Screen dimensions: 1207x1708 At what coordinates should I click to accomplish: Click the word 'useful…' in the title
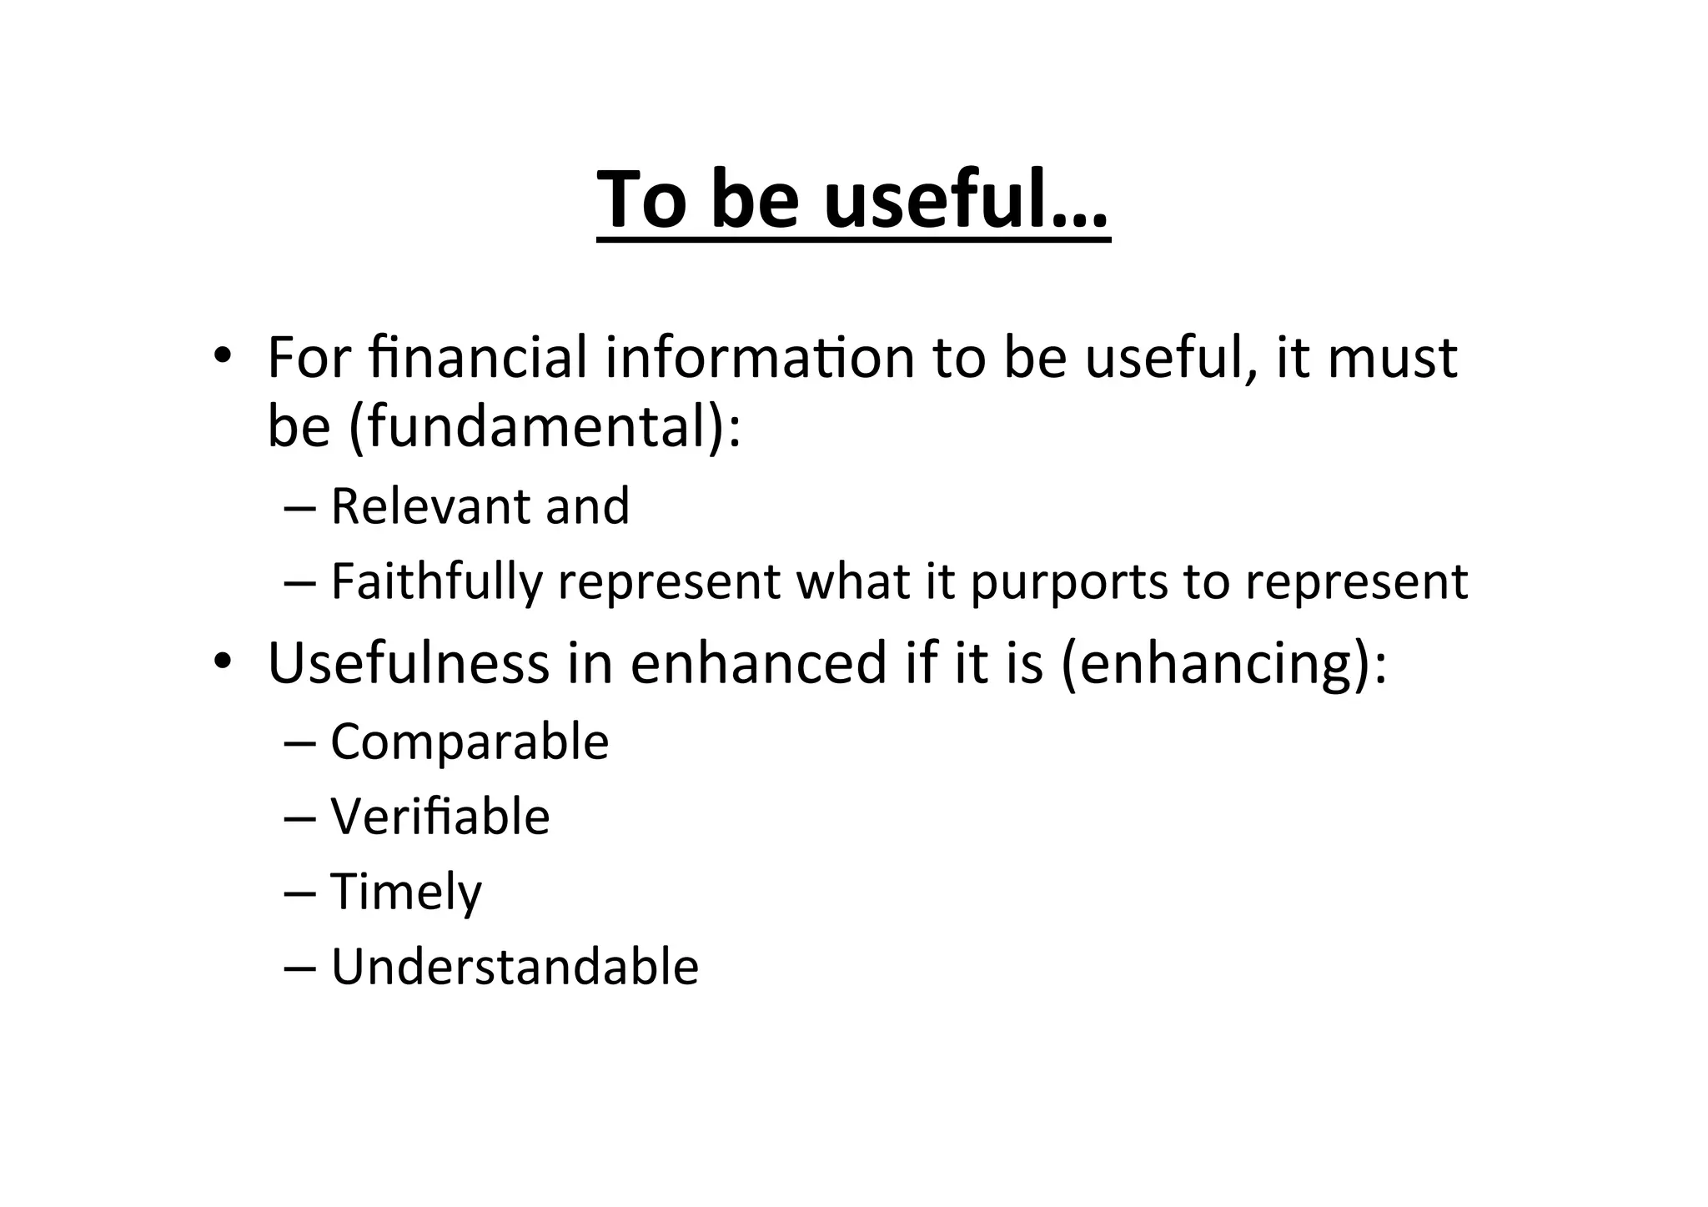point(966,200)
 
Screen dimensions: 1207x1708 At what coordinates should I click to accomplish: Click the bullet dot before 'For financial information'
point(221,356)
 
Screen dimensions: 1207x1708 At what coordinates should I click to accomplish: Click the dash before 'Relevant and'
point(299,506)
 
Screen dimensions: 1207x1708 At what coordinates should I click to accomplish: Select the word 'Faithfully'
point(436,581)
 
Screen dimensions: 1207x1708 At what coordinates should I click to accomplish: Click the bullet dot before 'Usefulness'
point(221,661)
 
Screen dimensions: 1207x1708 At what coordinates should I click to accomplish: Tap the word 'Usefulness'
point(409,663)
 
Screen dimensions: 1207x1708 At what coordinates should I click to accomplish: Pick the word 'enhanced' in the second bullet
point(757,663)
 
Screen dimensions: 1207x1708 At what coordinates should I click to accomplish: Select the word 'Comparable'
point(470,742)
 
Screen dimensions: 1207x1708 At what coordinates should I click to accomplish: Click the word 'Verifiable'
point(440,816)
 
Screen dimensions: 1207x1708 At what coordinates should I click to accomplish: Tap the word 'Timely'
point(406,892)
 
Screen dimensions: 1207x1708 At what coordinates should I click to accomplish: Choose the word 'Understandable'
point(515,967)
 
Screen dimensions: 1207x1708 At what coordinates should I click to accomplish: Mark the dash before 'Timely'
point(299,892)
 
